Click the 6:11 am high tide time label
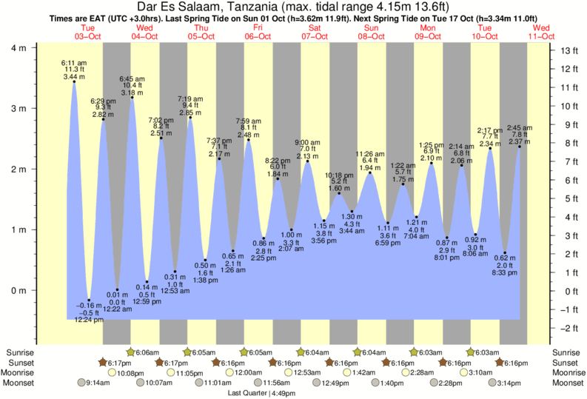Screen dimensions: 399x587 (x=73, y=64)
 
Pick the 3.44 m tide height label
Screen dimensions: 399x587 (x=73, y=76)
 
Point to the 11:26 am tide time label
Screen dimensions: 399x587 (x=370, y=154)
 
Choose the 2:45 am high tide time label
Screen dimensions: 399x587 (x=519, y=128)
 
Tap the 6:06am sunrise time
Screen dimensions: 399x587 (x=147, y=352)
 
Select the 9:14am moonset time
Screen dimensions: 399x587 (x=98, y=383)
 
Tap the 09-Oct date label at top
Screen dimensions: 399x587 (x=429, y=36)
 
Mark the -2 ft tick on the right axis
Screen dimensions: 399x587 (x=568, y=328)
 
